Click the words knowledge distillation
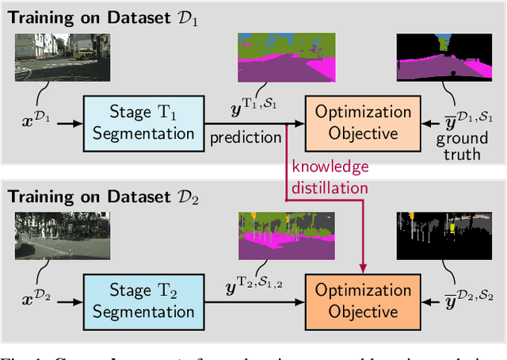(330, 176)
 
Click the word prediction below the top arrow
(244, 137)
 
